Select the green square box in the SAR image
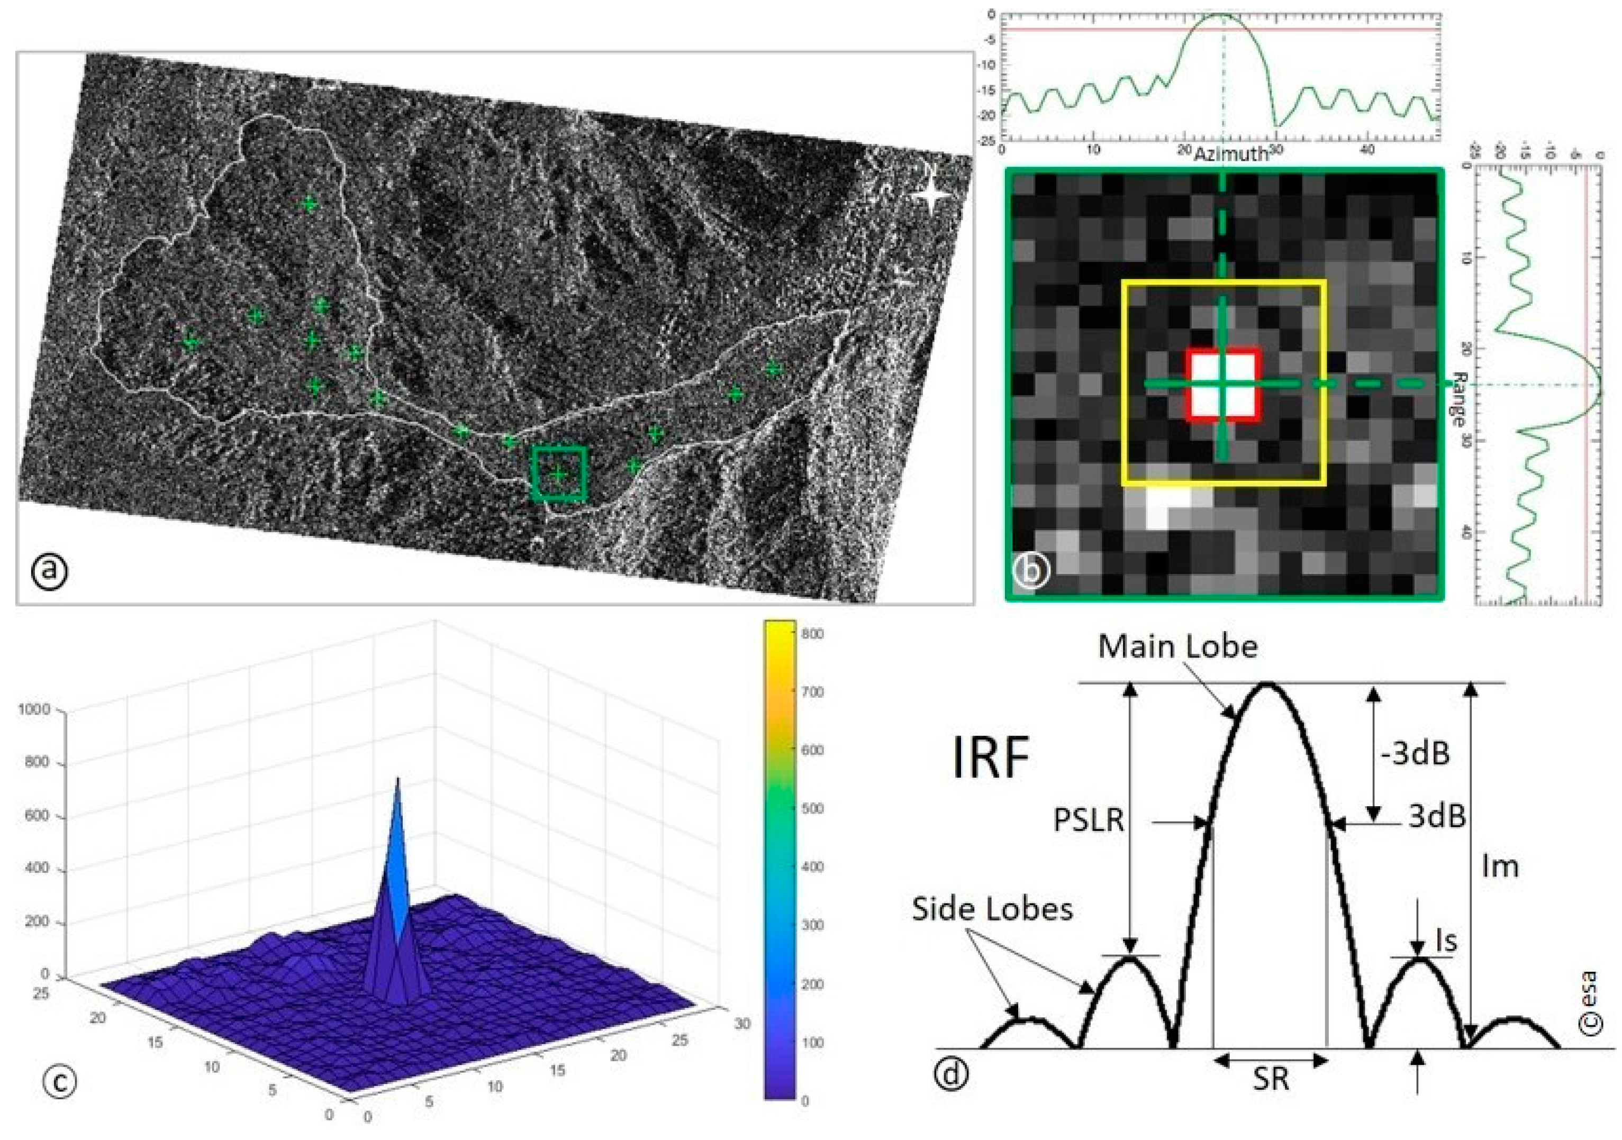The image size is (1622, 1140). coord(559,474)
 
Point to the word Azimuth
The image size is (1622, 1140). coord(1230,154)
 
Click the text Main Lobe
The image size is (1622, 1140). coord(1177,646)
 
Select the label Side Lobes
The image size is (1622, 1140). coord(992,909)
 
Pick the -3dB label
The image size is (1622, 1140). coord(1415,754)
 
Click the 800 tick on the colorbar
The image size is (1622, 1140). coord(813,634)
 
